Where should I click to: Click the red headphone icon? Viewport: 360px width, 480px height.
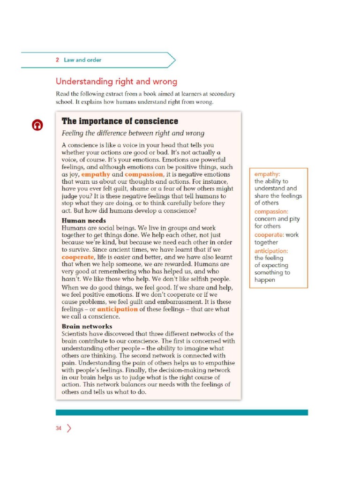click(37, 125)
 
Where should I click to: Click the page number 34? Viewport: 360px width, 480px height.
click(59, 428)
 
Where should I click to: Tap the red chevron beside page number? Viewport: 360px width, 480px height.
click(69, 428)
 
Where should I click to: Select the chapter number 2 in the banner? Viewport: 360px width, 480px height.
click(57, 60)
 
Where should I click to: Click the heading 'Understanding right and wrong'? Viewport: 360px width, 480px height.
click(116, 82)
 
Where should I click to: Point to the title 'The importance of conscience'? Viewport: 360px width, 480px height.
click(120, 121)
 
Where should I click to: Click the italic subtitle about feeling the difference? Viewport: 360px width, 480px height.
click(133, 133)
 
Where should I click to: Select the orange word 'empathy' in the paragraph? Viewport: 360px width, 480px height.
click(96, 174)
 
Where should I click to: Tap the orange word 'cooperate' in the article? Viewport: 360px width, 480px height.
click(78, 257)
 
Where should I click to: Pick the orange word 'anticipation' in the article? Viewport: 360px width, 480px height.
click(117, 309)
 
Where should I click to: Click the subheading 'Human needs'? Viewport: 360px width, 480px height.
click(84, 221)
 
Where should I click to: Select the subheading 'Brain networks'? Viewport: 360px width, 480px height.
click(87, 326)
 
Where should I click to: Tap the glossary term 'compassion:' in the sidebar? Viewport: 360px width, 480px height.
click(271, 211)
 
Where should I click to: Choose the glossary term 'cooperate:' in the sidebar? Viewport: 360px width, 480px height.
click(269, 235)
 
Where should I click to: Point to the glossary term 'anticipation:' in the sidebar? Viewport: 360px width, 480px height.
click(271, 251)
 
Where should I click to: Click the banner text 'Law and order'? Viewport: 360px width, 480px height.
click(82, 60)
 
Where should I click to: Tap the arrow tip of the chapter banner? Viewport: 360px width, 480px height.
click(174, 60)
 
